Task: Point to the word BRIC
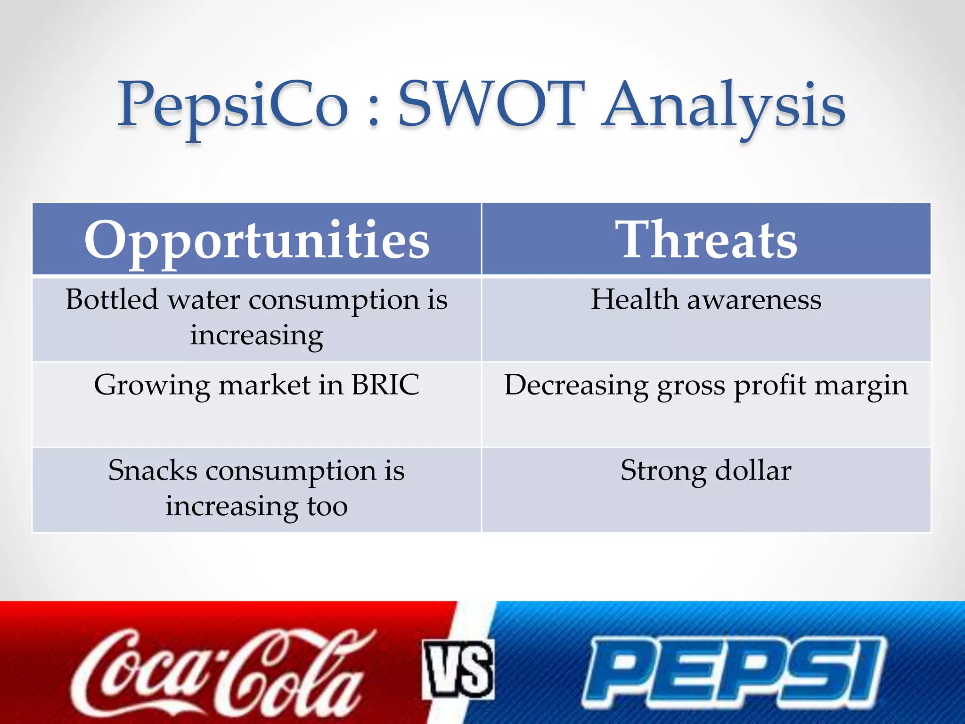pos(385,385)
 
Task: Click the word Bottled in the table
pos(112,300)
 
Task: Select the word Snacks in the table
pos(152,471)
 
